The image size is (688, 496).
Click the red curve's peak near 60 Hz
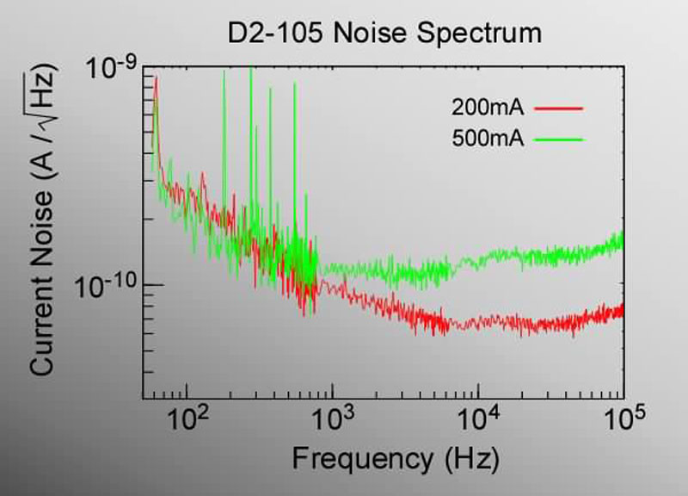pos(156,79)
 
